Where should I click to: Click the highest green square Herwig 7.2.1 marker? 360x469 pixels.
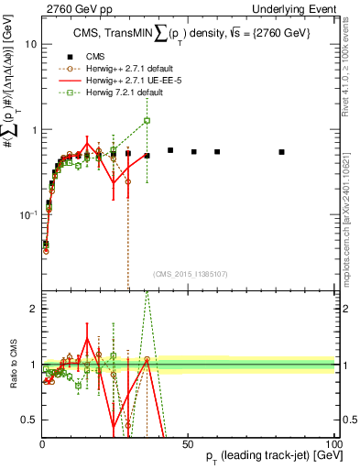pyautogui.click(x=147, y=120)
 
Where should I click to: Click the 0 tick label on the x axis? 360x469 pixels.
pyautogui.click(x=43, y=446)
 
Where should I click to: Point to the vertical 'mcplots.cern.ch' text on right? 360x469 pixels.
pyautogui.click(x=350, y=220)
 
